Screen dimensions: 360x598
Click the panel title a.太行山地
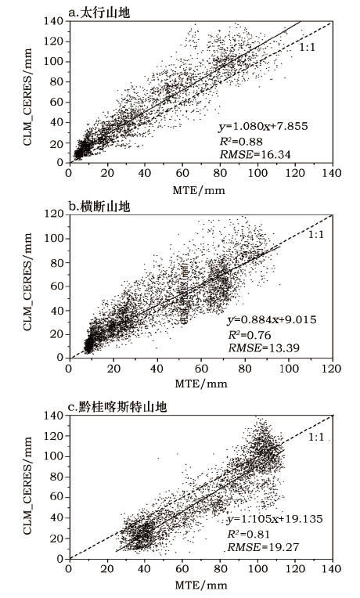point(99,13)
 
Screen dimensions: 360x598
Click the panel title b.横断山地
point(99,207)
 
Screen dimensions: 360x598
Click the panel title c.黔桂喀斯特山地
point(117,407)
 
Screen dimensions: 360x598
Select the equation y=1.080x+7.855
point(263,126)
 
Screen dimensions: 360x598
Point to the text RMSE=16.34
point(255,154)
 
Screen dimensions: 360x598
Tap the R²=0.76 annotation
point(250,335)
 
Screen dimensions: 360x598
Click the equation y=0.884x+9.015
point(272,319)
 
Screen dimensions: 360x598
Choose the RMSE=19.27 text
point(264,547)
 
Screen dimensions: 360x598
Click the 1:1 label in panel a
point(307,48)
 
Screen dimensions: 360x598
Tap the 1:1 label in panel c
point(315,437)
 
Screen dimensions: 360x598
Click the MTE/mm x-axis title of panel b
point(201,384)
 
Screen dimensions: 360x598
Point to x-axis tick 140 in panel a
point(332,173)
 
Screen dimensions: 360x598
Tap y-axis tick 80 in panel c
point(58,477)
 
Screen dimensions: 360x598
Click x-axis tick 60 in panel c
point(182,569)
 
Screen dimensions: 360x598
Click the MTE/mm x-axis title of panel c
point(201,585)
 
